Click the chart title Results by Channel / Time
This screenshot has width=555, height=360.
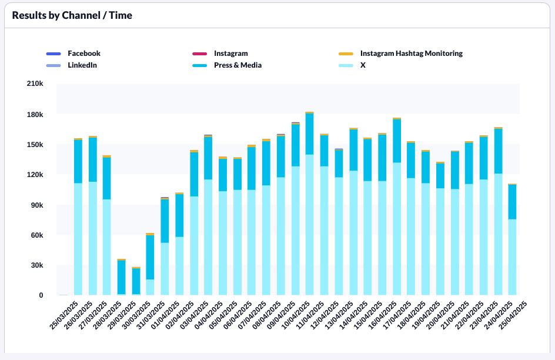72,15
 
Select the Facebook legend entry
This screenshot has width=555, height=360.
84,54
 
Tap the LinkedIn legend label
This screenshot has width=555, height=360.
82,65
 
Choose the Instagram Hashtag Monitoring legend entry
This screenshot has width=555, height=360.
411,54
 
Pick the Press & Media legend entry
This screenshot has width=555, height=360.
238,65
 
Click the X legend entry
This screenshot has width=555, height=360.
363,65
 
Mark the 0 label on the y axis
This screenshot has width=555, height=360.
41,295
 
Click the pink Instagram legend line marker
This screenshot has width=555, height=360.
200,54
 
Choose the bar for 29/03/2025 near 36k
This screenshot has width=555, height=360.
122,276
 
